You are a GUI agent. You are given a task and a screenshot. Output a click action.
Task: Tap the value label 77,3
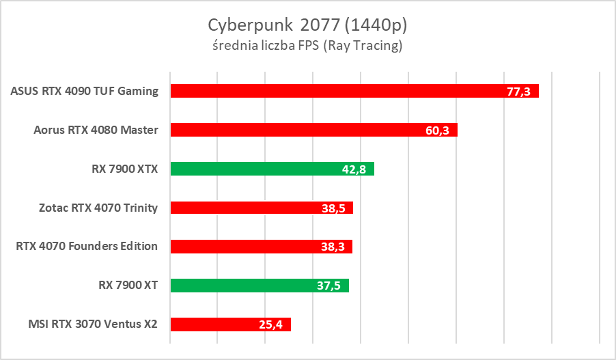tap(519, 92)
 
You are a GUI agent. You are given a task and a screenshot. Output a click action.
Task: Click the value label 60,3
tap(437, 130)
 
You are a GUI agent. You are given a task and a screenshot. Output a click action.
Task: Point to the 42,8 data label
tap(354, 169)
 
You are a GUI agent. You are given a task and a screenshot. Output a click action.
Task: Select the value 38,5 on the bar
tap(333, 208)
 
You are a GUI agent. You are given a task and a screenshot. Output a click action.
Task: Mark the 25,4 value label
tap(271, 325)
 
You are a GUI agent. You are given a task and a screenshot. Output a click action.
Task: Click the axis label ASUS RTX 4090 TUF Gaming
tap(85, 91)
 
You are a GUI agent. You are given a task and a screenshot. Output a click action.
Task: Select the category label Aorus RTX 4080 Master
tap(96, 130)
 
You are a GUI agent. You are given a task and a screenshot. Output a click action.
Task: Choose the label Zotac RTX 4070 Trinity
tap(99, 208)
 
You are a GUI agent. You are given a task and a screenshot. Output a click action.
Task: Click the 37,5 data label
tap(329, 286)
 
